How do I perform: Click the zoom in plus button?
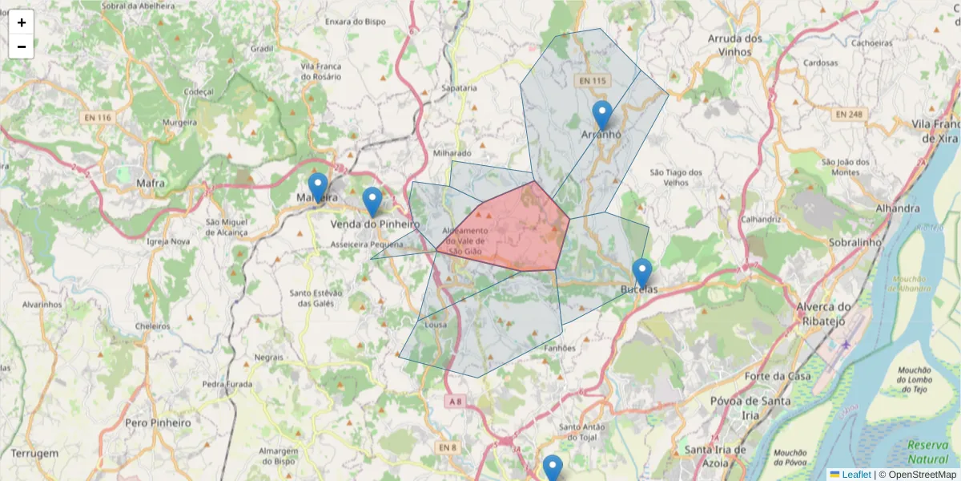[x=22, y=22]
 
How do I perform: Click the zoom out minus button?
[x=22, y=46]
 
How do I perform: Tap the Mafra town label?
[x=151, y=184]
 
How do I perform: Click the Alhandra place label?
[x=875, y=208]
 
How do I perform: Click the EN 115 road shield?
[x=593, y=81]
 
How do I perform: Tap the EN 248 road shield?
[x=849, y=115]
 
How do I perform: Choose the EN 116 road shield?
[x=95, y=118]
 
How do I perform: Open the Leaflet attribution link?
[x=855, y=475]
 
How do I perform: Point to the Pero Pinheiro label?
[x=159, y=422]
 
